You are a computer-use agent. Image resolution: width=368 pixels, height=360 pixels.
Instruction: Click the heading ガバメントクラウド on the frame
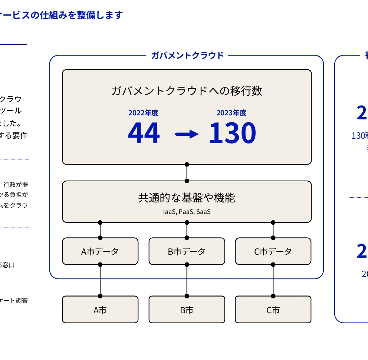pos(187,56)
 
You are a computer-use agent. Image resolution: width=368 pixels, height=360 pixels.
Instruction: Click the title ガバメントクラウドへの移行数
pos(187,91)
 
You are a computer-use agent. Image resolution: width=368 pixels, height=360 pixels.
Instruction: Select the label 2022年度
pos(143,113)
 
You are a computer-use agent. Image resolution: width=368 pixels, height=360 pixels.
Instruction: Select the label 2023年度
pos(231,113)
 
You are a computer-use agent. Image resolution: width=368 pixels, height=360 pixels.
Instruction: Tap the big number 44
pos(144,133)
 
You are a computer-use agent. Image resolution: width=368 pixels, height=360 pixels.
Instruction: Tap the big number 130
pos(232,133)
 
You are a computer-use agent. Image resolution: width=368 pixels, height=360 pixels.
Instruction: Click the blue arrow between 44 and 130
pos(187,135)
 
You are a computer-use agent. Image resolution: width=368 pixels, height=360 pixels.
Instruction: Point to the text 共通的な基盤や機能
pos(187,198)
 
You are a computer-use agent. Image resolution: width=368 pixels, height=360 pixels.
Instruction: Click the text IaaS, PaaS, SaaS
pos(187,212)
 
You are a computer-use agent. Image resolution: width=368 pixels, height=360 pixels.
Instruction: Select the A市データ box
pos(100,251)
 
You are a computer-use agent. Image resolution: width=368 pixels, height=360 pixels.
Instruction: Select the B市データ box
pos(187,251)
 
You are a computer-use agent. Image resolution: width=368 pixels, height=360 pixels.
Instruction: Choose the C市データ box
pos(273,251)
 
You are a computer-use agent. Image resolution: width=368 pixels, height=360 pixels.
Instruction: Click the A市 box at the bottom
pos(100,310)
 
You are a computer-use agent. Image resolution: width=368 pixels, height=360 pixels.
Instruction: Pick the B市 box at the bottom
pos(187,310)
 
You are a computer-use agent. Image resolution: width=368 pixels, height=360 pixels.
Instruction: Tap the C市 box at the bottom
pos(273,310)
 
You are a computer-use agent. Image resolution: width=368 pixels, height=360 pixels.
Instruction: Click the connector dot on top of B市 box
pos(187,296)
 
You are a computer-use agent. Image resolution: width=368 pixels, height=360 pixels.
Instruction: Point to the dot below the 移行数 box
pos(187,164)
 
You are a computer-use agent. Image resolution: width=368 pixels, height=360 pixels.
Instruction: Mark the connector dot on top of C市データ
pos(273,238)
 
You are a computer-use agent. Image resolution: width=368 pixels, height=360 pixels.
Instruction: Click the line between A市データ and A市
pos(100,280)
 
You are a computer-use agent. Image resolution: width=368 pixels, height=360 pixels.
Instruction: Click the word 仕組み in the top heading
pos(53,15)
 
